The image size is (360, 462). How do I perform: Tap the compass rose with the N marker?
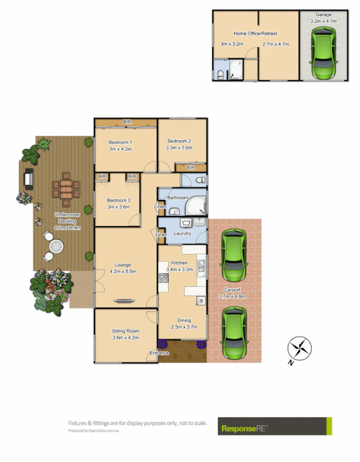tap(300, 349)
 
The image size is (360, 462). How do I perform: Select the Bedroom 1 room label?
tap(121, 142)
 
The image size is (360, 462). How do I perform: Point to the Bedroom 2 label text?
tap(179, 141)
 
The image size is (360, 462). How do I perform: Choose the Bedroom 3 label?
tap(118, 200)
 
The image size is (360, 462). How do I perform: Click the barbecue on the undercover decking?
tap(28, 180)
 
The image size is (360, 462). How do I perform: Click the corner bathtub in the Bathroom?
tap(197, 204)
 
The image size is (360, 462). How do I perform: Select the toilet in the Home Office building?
tap(221, 73)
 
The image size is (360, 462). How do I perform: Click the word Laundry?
tap(183, 234)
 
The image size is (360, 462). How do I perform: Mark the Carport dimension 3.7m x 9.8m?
tap(232, 297)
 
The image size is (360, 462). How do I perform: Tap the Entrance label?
tap(159, 353)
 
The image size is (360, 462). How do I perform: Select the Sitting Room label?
tap(125, 331)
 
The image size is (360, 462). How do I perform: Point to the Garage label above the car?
tap(323, 14)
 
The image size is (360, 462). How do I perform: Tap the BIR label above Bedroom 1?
tap(126, 122)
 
